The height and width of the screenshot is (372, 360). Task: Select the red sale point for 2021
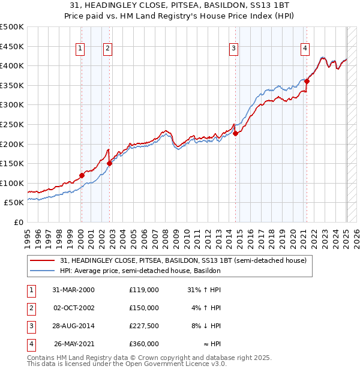click(x=307, y=81)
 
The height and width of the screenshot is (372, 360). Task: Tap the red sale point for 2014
click(x=236, y=134)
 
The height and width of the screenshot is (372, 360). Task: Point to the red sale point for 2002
click(x=109, y=163)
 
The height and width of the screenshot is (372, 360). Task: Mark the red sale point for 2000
click(x=82, y=175)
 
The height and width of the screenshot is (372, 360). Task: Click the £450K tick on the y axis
click(x=12, y=46)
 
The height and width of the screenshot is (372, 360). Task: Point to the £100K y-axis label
click(x=12, y=183)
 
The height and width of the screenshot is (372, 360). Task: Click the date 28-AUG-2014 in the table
click(x=74, y=326)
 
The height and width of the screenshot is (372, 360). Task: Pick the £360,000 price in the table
click(x=143, y=344)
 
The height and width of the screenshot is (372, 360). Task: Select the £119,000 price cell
click(x=143, y=290)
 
